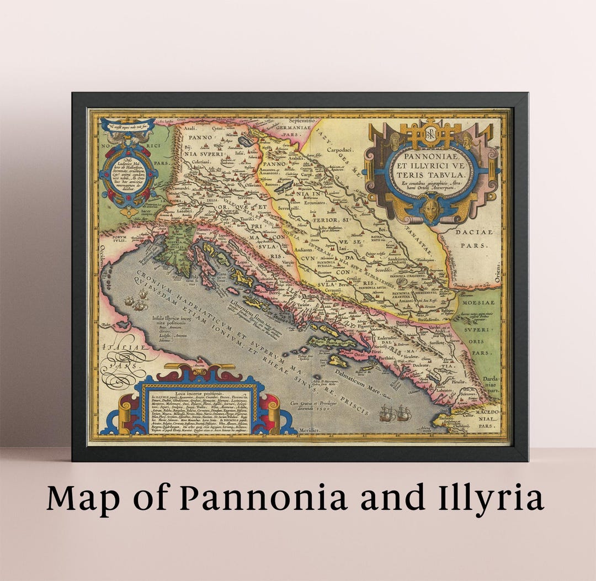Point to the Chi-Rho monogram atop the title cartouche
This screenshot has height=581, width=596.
pos(431,133)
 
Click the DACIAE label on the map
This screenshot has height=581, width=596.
pos(473,233)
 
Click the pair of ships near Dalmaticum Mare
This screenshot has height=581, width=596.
pos(395,413)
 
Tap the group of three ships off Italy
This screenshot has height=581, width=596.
pos(137,302)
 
